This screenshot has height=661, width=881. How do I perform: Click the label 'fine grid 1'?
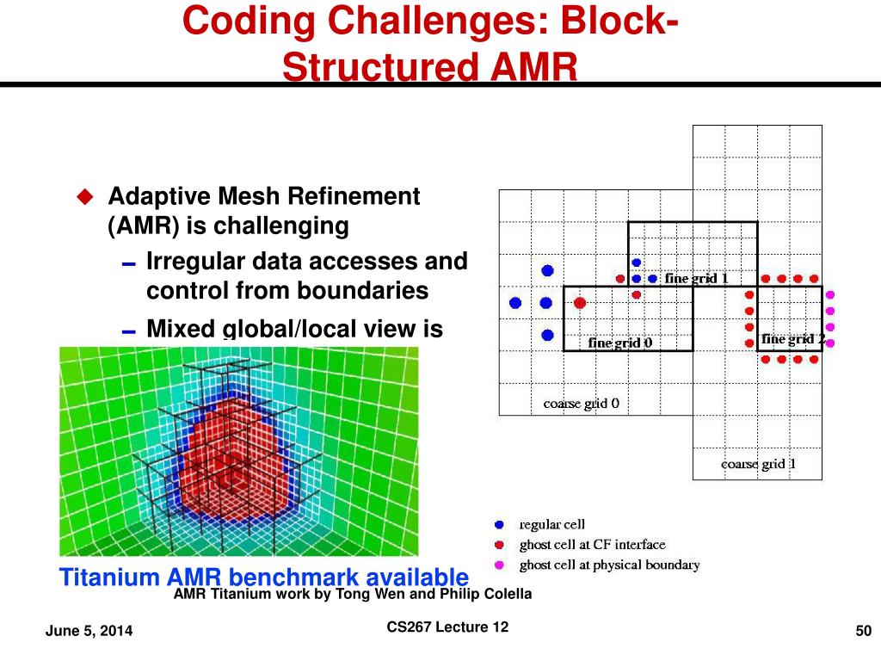[697, 279]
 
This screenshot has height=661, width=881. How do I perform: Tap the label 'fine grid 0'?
[619, 343]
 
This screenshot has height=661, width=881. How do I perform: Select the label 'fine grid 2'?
[792, 339]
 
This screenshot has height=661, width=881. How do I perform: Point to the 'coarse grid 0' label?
[581, 403]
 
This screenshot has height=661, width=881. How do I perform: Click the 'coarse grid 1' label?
[758, 465]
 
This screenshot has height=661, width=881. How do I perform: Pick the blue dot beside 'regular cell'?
[499, 524]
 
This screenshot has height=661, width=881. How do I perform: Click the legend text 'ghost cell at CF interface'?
[592, 545]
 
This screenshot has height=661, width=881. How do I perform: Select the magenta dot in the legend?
[499, 565]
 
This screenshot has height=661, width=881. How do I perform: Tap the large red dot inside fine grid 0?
[580, 303]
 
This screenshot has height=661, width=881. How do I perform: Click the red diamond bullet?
[84, 197]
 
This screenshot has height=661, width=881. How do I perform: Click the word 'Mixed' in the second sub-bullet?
[182, 329]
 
